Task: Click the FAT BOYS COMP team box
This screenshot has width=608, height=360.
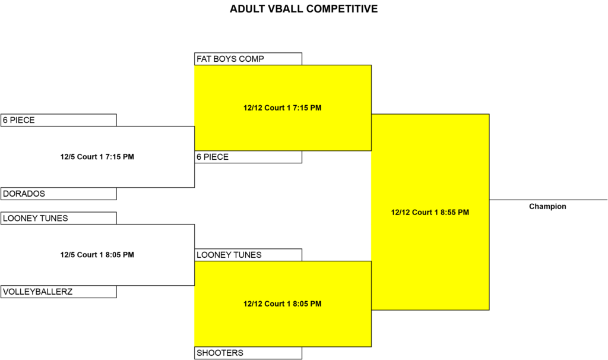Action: tap(248, 59)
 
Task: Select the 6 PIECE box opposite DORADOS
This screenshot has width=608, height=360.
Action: tap(59, 120)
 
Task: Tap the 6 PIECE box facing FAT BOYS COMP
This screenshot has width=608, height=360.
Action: tap(248, 157)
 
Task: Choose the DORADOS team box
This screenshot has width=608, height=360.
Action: tap(59, 194)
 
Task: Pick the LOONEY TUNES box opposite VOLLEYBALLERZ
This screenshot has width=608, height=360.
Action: tap(59, 218)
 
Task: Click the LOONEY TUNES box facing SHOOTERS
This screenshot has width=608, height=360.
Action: tap(248, 255)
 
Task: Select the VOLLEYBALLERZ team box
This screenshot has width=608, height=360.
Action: tap(59, 292)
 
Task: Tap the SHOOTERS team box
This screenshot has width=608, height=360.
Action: tap(248, 353)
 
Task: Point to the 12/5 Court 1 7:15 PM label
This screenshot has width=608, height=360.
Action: tap(97, 157)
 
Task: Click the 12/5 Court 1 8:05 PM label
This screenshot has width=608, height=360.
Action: tap(97, 255)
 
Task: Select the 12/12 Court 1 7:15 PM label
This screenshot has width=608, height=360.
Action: tap(282, 108)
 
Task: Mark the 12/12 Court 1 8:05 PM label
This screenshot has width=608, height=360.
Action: tap(282, 304)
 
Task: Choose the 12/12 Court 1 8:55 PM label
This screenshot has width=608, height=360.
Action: tap(430, 212)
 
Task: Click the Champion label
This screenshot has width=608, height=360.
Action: tap(547, 206)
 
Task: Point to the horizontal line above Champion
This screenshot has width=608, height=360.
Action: tap(548, 200)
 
